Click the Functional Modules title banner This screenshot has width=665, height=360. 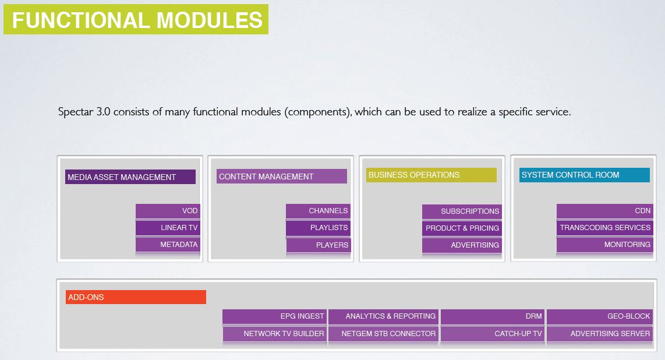pos(136,19)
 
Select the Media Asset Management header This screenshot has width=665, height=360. pos(130,177)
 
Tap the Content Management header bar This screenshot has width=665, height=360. pos(282,177)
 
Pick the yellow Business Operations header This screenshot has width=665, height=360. pos(431,175)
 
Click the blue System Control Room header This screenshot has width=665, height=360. pos(585,175)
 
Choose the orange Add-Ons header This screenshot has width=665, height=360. pos(136,297)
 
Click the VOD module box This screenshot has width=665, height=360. pos(168,211)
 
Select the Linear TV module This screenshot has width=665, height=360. pos(168,228)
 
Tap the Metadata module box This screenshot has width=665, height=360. pos(168,245)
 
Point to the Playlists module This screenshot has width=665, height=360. pos(318,228)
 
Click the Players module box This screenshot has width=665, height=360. pos(319,245)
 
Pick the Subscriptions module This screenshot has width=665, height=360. pos(462,211)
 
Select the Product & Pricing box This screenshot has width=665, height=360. pos(462,228)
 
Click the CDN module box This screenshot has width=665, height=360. pos(605,211)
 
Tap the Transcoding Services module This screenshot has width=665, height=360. pos(605,228)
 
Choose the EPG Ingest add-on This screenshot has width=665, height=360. pos(274,316)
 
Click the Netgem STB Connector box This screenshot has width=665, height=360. pos(383,334)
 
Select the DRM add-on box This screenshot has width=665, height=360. pos(493,316)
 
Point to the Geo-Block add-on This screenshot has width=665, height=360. pos(599,316)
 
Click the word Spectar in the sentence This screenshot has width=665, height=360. pos(76,112)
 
